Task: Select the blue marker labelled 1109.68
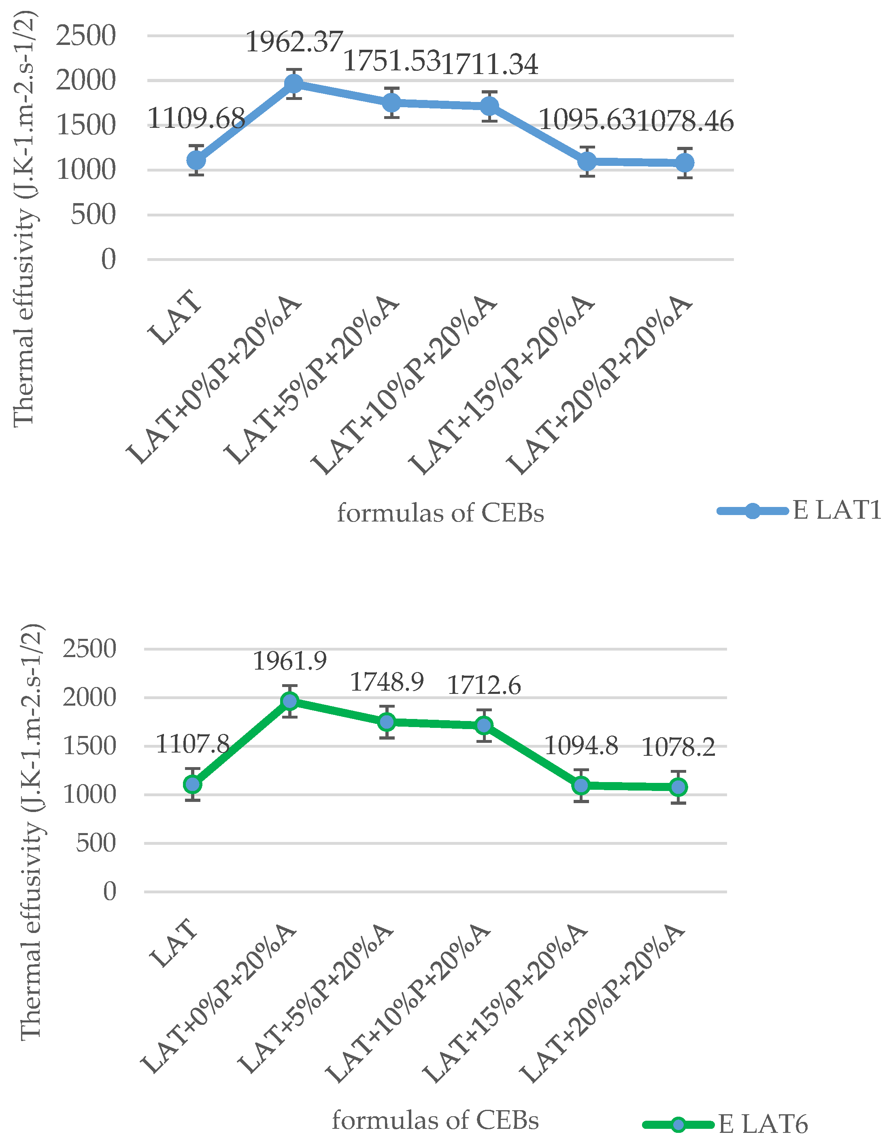[196, 160]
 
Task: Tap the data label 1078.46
[685, 122]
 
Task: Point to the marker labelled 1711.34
[489, 106]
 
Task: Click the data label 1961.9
[289, 661]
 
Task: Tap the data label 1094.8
[581, 746]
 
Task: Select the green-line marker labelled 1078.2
[678, 787]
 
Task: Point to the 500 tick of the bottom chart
[96, 844]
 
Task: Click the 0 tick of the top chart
[108, 259]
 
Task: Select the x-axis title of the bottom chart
[435, 1121]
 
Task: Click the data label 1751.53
[391, 61]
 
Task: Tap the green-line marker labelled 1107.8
[193, 784]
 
